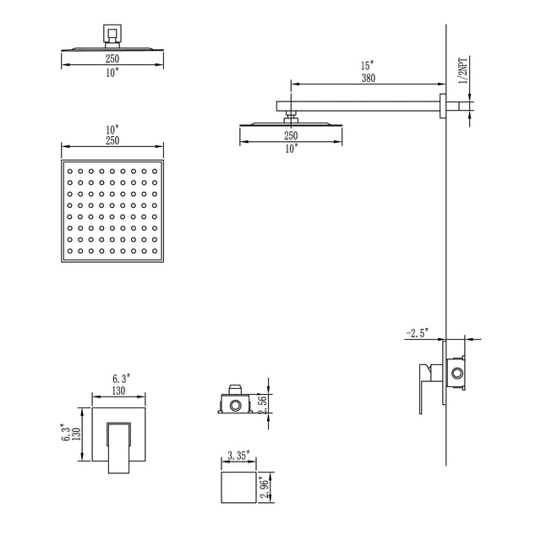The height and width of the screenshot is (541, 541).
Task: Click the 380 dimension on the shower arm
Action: coord(367,78)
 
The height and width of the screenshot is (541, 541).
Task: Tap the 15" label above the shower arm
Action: coord(367,65)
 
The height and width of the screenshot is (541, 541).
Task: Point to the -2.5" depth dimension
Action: coord(418,333)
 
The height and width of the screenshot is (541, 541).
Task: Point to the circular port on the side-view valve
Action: coord(457,373)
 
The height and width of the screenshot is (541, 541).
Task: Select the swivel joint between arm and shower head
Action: coord(291,113)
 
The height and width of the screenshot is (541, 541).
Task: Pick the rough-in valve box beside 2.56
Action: coord(233,402)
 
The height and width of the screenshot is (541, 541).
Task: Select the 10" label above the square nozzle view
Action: coord(112,128)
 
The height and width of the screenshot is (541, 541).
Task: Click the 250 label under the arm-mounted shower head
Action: coord(291,135)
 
